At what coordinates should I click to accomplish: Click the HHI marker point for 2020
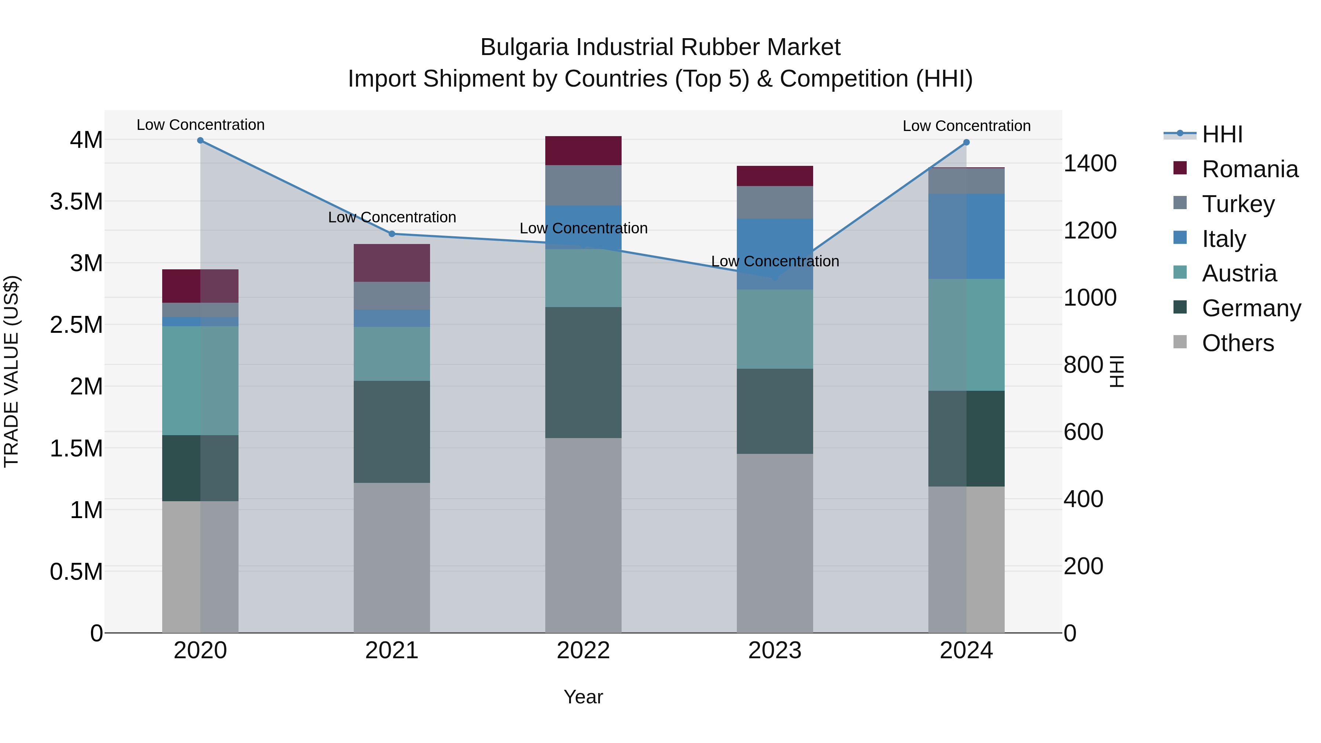[x=200, y=141]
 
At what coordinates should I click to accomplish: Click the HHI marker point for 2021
[x=392, y=234]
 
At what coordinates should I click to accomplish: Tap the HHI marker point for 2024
[x=967, y=143]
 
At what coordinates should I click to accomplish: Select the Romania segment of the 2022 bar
[x=583, y=151]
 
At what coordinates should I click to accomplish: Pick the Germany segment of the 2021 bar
[x=392, y=432]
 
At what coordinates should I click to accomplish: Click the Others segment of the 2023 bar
[x=775, y=543]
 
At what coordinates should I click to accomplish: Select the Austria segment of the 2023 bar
[x=775, y=329]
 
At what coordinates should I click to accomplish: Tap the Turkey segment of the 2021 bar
[x=392, y=296]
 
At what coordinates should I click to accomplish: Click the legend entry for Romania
[x=1250, y=169]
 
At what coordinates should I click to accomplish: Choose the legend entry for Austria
[x=1239, y=273]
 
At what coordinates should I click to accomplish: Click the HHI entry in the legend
[x=1222, y=134]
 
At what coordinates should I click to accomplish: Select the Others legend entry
[x=1237, y=343]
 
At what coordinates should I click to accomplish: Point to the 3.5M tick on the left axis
[x=76, y=201]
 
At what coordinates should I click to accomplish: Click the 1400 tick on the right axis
[x=1090, y=164]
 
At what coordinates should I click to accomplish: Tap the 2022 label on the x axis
[x=583, y=651]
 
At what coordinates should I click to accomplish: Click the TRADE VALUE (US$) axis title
[x=11, y=371]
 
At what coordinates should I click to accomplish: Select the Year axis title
[x=583, y=697]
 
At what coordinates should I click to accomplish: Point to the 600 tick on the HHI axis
[x=1083, y=432]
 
